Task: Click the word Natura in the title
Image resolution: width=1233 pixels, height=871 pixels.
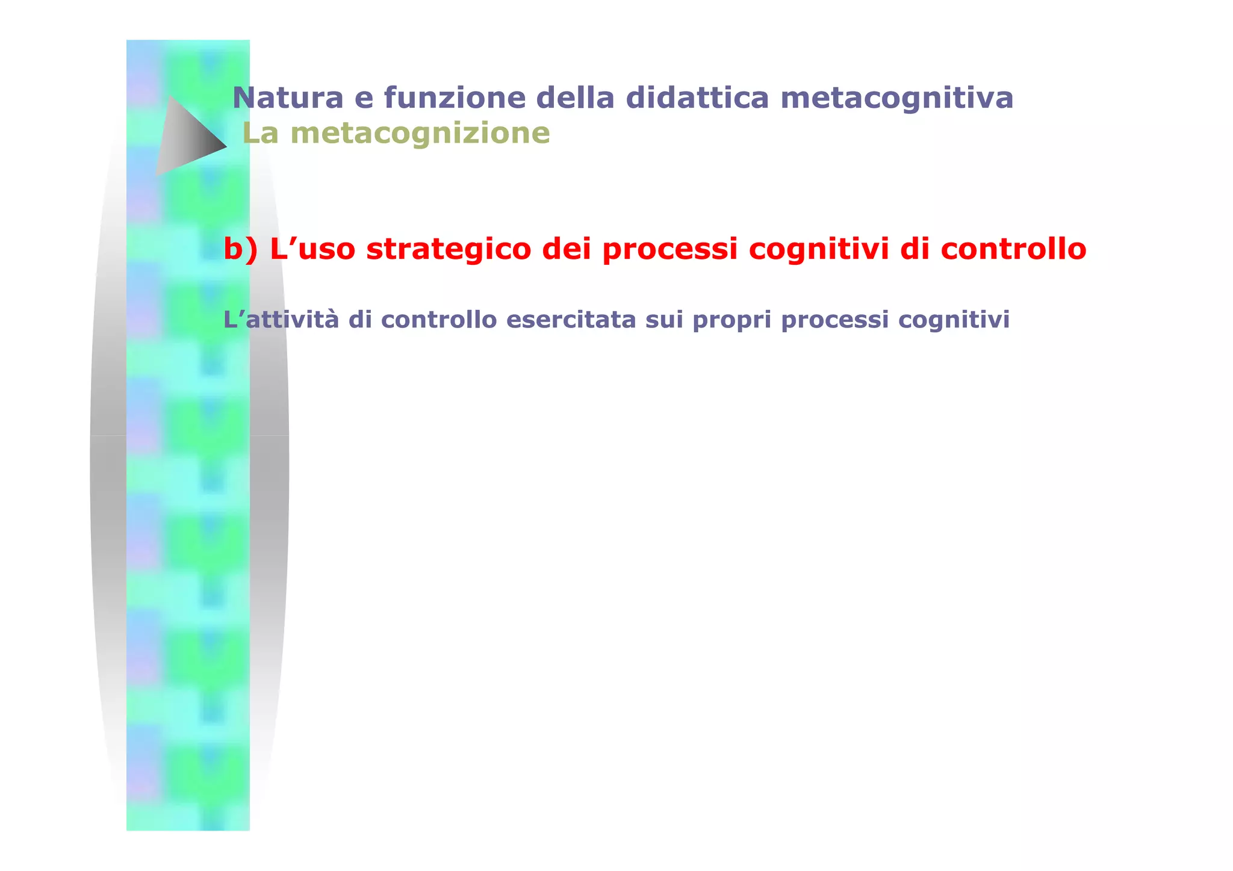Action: click(288, 98)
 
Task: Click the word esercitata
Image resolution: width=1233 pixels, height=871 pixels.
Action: click(571, 320)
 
